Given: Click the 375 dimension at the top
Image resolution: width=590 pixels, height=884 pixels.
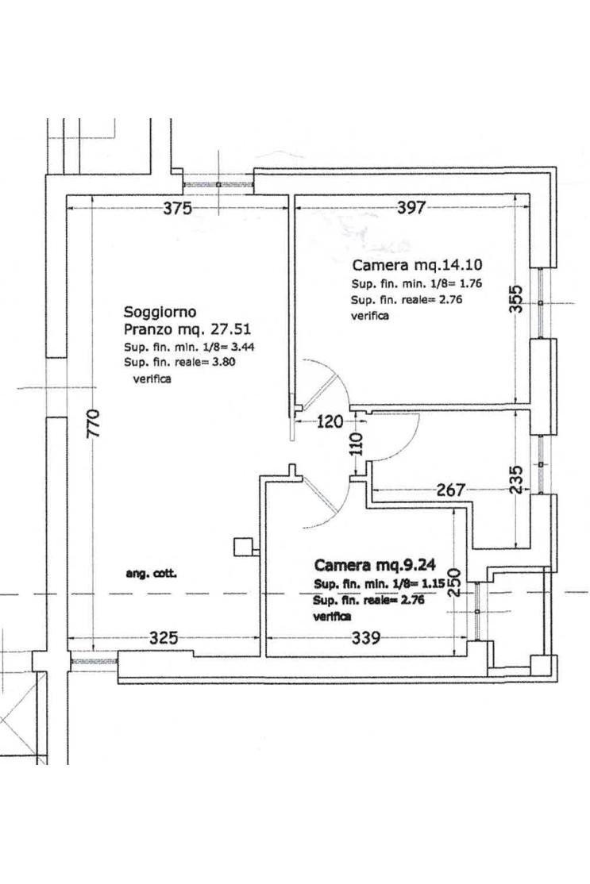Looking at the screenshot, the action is [x=178, y=208].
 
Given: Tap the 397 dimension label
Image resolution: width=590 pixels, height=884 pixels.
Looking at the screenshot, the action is [x=411, y=207].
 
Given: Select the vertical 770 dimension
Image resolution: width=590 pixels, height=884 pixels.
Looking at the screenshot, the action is [x=94, y=424].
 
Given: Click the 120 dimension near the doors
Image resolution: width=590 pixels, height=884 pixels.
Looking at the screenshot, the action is [x=330, y=421].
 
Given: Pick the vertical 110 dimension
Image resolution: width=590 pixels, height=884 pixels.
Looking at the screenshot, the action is [x=357, y=444].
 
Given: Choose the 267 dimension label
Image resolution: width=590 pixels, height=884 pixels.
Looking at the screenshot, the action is [x=451, y=490].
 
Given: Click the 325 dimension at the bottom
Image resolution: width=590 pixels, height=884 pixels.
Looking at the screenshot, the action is [x=164, y=638].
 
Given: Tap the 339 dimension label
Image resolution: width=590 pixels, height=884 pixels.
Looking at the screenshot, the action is [x=365, y=638].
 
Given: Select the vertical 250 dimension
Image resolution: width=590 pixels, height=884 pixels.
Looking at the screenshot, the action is [x=455, y=582].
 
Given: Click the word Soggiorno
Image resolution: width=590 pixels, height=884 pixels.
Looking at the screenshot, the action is [x=160, y=312].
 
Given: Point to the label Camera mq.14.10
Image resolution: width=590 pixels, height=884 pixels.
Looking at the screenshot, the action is [x=417, y=265].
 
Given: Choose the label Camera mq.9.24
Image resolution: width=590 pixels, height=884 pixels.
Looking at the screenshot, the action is [x=375, y=565].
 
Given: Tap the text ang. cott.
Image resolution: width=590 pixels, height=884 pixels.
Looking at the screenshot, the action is [x=151, y=575].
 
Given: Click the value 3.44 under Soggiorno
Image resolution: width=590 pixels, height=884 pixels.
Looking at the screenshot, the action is [x=241, y=347].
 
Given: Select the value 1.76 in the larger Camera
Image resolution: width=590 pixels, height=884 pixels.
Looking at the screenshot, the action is [x=470, y=283].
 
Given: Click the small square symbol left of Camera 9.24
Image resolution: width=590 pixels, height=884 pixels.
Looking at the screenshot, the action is [x=243, y=546].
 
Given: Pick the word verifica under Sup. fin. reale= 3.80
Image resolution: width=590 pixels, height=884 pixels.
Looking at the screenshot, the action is [x=152, y=379].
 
